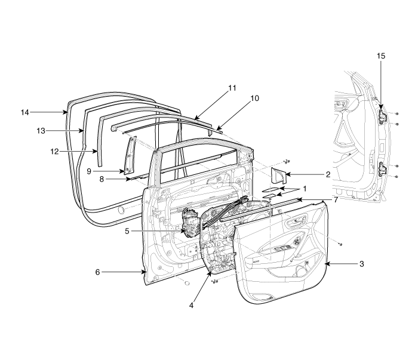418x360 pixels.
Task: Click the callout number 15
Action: click(381, 56)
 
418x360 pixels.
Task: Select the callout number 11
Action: click(232, 88)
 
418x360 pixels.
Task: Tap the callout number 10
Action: click(254, 99)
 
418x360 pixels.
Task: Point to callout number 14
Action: click(25, 112)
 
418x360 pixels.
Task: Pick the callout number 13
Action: click(41, 131)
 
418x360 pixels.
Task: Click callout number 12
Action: click(54, 152)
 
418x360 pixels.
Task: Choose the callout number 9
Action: click(89, 171)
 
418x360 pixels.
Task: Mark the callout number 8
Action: click(102, 179)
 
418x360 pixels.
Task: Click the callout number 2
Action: click(328, 174)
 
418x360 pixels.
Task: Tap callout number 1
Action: click(305, 189)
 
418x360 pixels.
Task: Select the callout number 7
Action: click(336, 199)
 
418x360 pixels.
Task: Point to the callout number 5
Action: click(127, 231)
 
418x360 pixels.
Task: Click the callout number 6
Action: click(97, 272)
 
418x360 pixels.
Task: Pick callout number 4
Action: click(191, 306)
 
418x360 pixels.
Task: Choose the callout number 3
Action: click(361, 264)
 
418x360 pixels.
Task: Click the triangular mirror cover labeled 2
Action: click(278, 176)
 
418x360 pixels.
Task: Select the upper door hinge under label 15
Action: click(383, 116)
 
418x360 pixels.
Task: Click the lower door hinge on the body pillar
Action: click(383, 169)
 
